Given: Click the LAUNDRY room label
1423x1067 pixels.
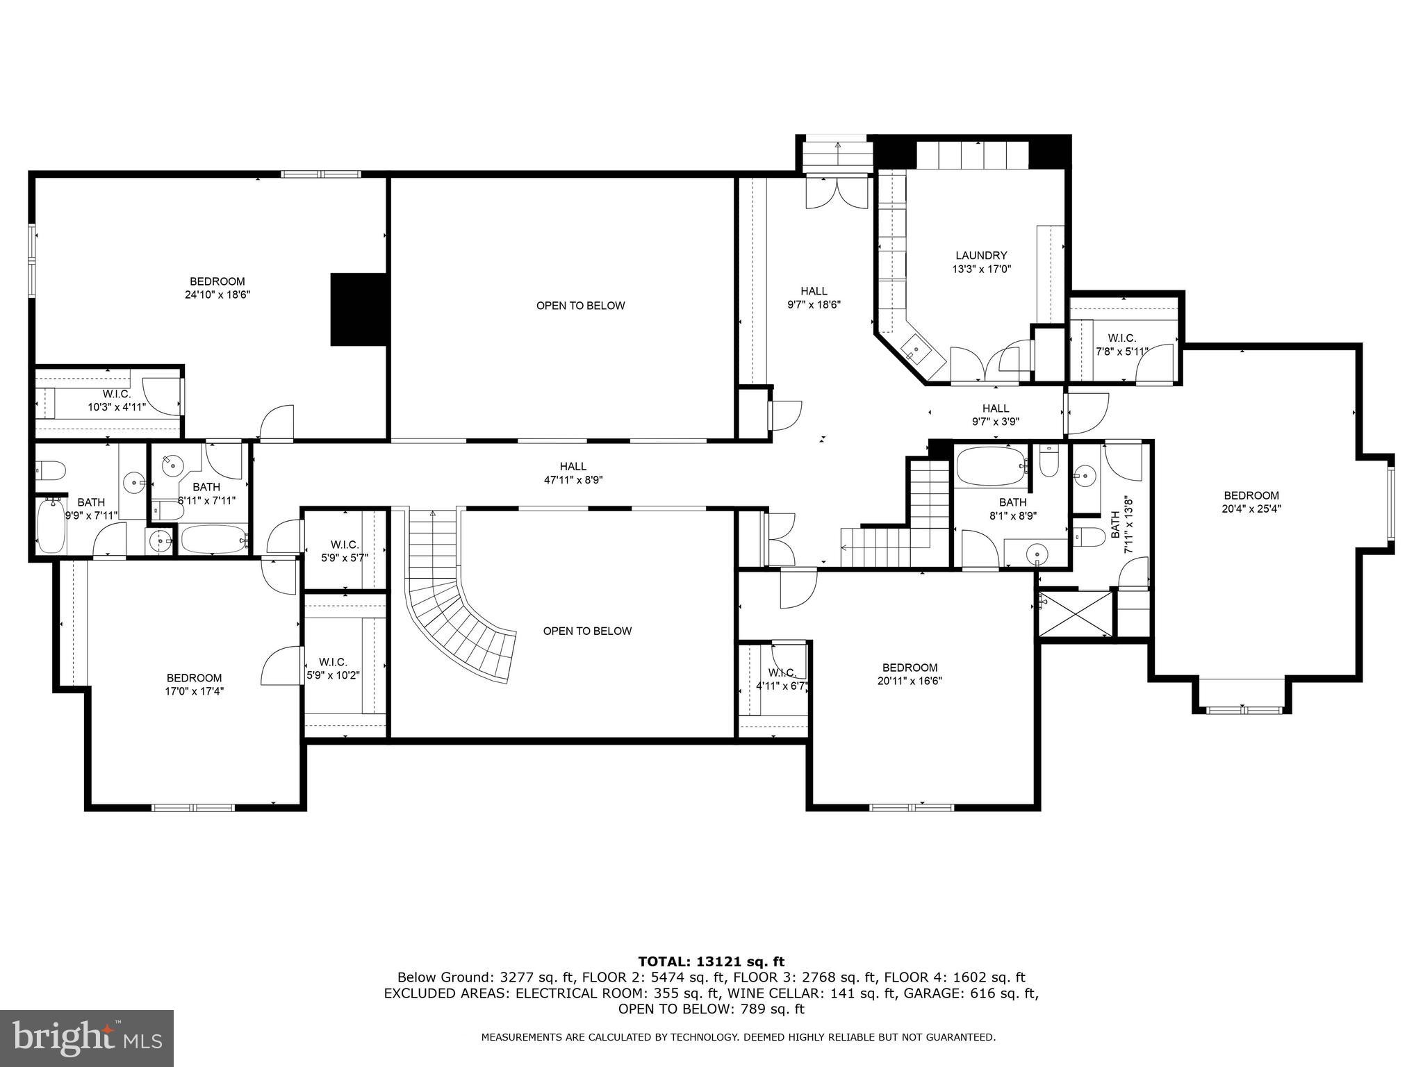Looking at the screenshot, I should point(980,256).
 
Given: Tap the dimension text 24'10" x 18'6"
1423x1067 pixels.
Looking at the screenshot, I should point(217,295).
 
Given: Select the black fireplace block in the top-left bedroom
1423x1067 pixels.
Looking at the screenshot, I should point(358,309).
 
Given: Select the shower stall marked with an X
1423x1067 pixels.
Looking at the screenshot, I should point(1074,613).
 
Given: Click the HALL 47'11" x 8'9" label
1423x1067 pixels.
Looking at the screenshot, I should point(573,472).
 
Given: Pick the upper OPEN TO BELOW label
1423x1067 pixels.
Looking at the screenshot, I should point(580,306).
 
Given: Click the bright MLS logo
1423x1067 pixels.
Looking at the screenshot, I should point(87,1038).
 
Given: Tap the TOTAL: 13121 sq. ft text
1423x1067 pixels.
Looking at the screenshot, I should point(711,961).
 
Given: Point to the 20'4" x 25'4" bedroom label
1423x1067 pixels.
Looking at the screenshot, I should point(1251,502).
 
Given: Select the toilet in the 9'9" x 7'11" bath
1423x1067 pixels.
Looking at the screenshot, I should point(50,472).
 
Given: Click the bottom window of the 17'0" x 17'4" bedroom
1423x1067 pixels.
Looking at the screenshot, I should point(194,807).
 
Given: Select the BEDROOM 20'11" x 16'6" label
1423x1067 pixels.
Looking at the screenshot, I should point(910,674).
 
